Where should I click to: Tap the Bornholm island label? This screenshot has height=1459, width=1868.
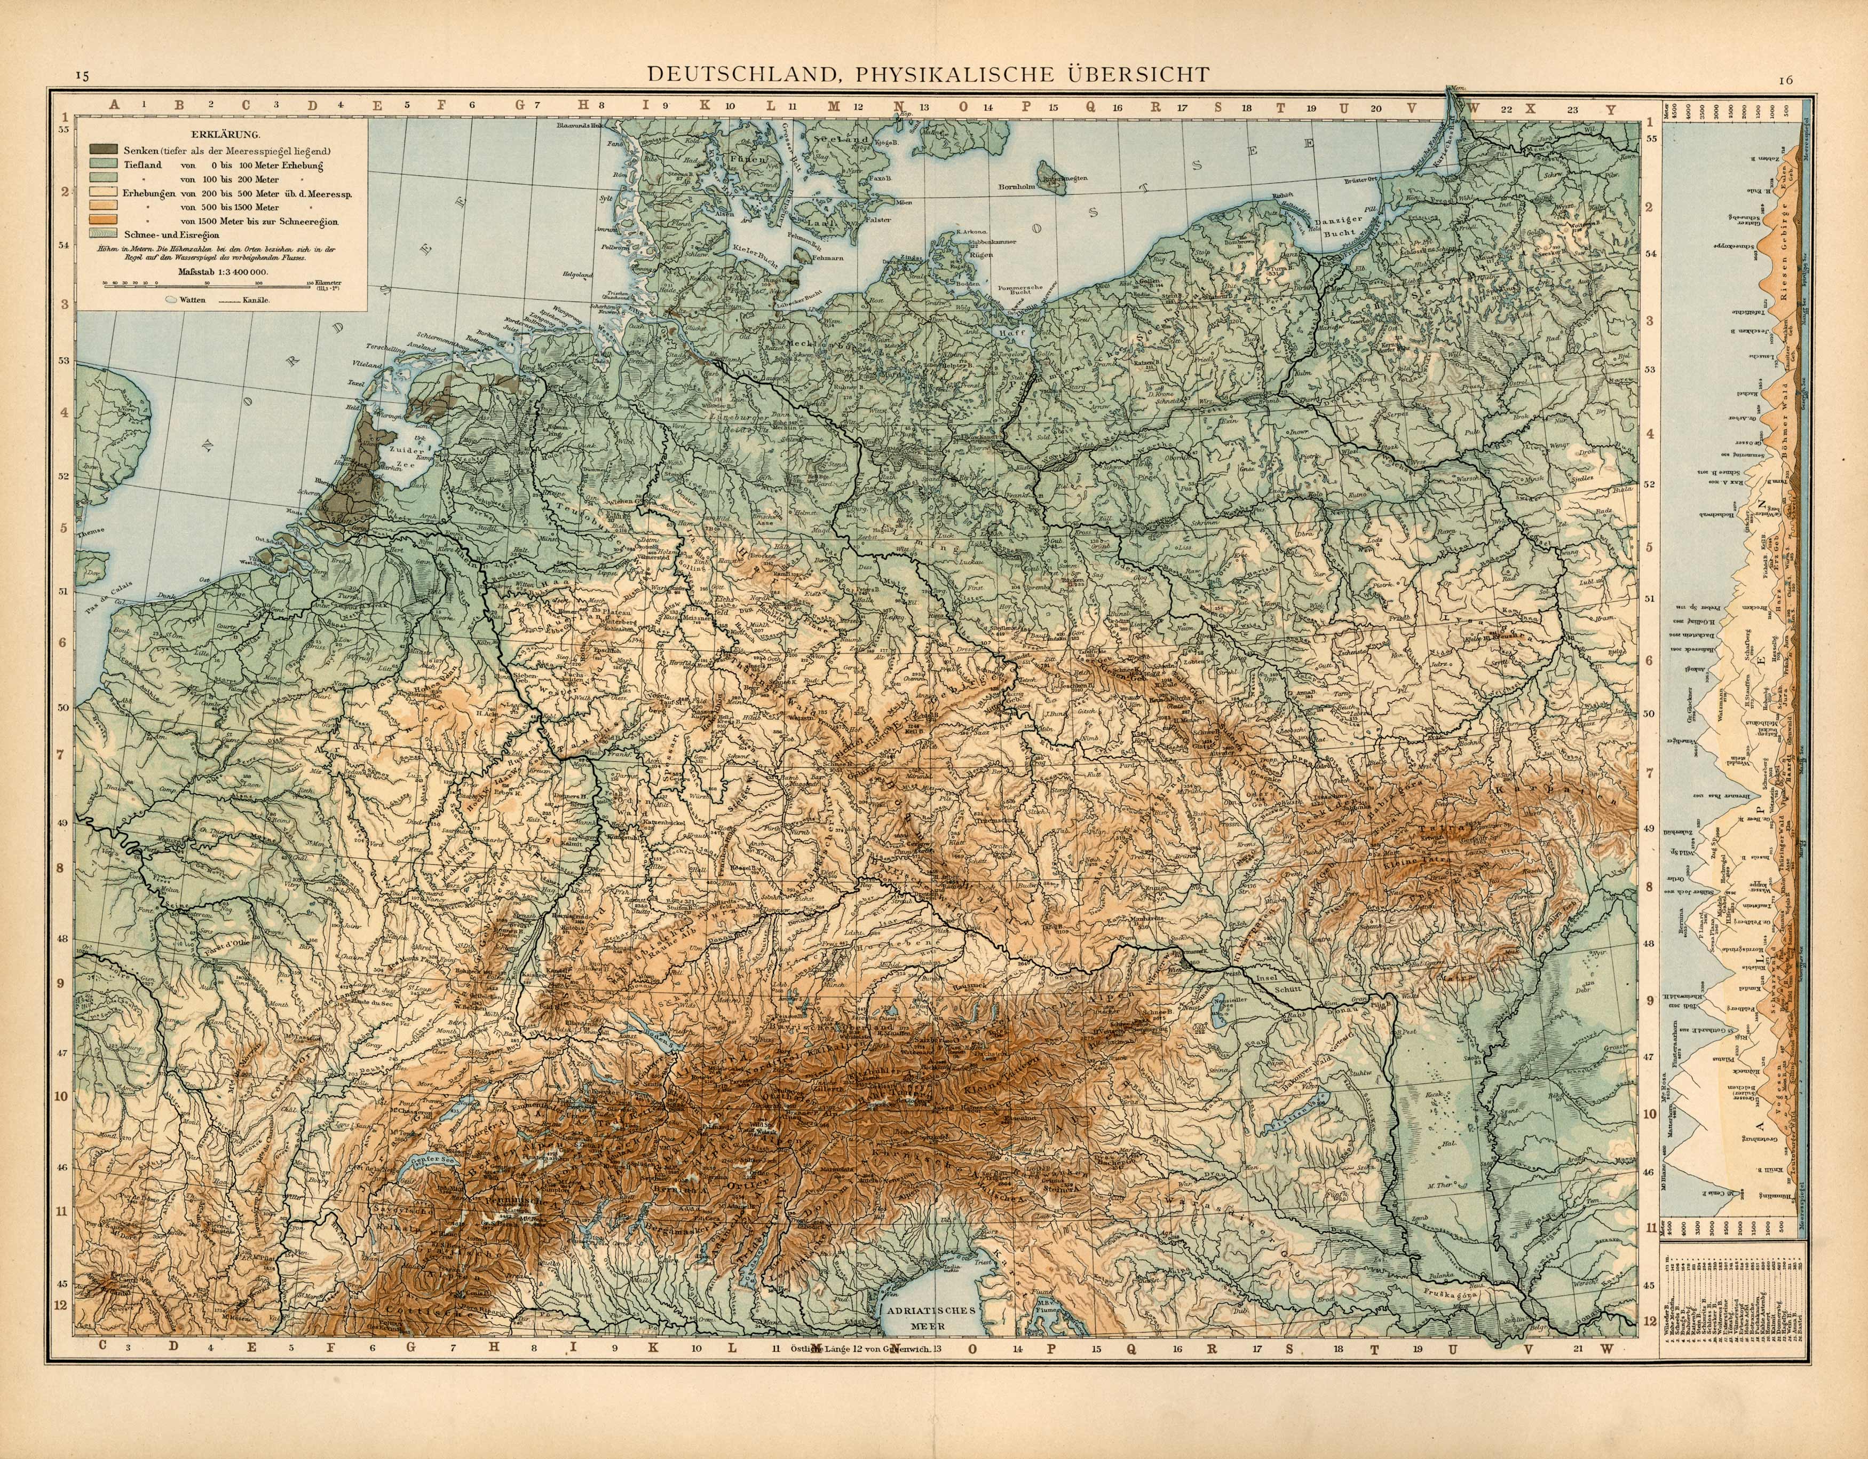(x=1016, y=186)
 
